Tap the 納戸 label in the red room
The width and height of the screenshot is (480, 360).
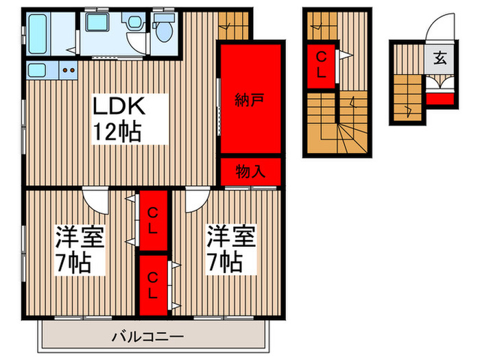(x=250, y=99)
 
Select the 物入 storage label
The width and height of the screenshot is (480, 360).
(x=250, y=171)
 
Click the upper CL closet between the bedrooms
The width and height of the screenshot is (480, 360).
(x=153, y=220)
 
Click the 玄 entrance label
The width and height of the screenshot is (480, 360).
(x=439, y=58)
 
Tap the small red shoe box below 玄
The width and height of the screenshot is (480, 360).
(x=440, y=99)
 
